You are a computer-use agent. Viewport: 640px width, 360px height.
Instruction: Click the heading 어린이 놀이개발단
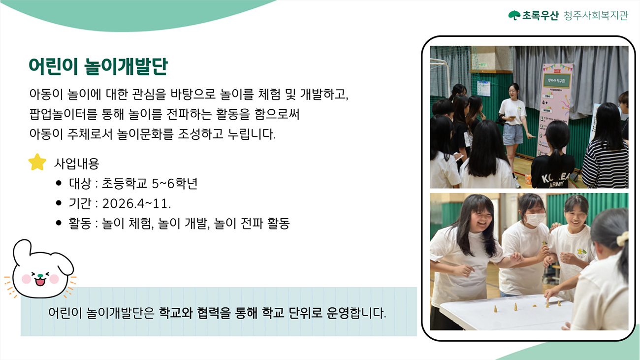98,66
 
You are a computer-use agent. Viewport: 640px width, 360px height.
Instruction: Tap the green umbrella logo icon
514,15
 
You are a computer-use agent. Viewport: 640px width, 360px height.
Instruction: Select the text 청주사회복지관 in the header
596,15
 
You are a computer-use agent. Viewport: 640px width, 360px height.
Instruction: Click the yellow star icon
37,163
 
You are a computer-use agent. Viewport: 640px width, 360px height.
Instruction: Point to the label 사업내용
77,164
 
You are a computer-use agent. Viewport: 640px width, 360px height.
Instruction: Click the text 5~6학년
175,183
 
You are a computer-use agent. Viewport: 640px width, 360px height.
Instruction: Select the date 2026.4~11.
136,203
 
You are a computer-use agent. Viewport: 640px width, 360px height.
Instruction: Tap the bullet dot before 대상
59,183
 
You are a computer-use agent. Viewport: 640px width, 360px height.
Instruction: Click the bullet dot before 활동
59,223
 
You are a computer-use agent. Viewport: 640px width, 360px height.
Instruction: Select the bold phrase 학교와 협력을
194,313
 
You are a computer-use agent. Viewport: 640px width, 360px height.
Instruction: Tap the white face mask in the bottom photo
535,220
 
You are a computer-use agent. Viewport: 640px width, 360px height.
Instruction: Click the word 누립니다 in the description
252,134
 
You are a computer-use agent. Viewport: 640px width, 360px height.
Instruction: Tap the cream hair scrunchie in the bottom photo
623,238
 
